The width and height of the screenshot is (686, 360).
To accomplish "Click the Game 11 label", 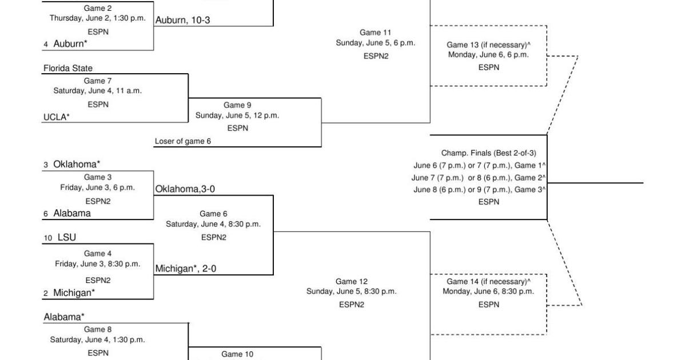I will click(376, 33).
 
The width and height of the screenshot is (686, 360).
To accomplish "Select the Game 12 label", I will click(351, 281).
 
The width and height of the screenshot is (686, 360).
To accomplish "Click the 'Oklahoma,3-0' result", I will click(185, 189).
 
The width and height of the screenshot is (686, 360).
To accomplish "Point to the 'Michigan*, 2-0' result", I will click(186, 269).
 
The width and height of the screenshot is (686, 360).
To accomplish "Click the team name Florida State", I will click(68, 68).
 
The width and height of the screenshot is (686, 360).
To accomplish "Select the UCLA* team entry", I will click(57, 117).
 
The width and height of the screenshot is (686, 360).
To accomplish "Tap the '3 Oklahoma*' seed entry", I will click(72, 164).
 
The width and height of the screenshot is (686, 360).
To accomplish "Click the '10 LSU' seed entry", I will click(60, 237).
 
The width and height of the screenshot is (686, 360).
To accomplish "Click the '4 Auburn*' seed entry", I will click(66, 43).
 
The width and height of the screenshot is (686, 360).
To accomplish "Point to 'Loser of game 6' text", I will click(182, 142).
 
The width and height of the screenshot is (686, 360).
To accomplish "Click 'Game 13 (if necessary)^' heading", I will click(488, 45).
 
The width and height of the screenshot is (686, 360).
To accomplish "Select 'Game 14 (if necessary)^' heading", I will click(488, 281).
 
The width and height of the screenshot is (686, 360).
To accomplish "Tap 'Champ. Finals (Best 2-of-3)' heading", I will click(488, 153).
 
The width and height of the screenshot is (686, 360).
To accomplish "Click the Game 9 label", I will click(237, 105).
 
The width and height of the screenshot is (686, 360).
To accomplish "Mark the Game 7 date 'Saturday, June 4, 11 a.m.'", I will click(98, 90).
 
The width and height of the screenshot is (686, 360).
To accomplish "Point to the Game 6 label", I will click(213, 214).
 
